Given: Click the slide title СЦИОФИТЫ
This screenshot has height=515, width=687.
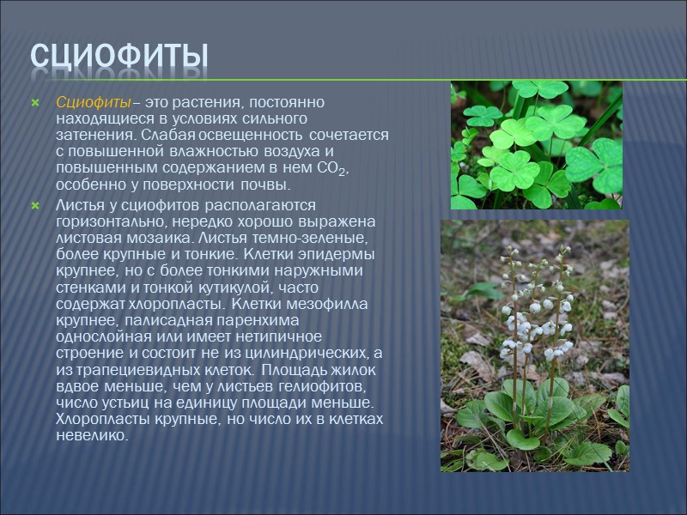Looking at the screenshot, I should (119, 57).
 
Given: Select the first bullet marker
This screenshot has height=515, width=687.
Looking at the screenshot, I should (35, 102).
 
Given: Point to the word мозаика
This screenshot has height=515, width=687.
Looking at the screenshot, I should (172, 238).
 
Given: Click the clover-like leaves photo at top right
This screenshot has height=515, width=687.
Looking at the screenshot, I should (536, 144).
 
